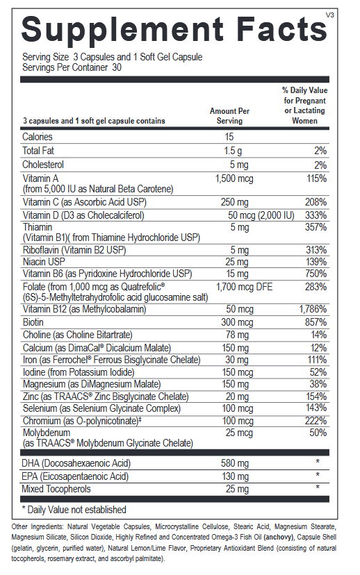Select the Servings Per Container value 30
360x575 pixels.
point(117,68)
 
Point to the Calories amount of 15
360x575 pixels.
point(229,137)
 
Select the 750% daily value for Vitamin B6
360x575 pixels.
point(316,274)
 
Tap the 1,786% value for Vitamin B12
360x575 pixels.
point(313,310)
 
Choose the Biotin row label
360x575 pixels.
point(34,322)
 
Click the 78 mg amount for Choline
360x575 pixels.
point(232,335)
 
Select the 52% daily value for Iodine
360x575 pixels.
point(318,372)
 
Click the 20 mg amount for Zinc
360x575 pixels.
point(232,396)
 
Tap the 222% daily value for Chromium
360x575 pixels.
point(316,421)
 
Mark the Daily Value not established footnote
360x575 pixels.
point(74,510)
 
